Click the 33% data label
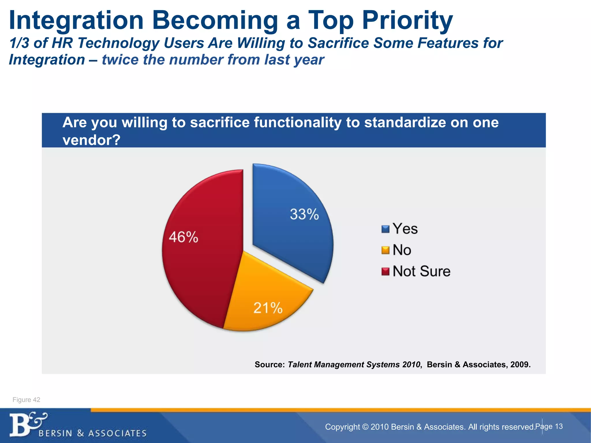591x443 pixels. click(x=304, y=214)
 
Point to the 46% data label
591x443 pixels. click(x=184, y=237)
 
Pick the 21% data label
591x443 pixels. click(x=268, y=308)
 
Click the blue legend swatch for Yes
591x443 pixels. click(x=385, y=229)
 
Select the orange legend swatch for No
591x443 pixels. click(x=385, y=250)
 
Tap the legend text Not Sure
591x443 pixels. click(x=421, y=271)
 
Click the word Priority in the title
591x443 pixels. click(x=407, y=20)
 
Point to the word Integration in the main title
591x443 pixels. click(x=76, y=20)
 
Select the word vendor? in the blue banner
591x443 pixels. click(x=91, y=140)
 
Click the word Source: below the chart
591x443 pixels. click(x=270, y=365)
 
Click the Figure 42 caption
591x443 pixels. click(x=26, y=400)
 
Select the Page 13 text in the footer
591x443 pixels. click(x=549, y=426)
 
